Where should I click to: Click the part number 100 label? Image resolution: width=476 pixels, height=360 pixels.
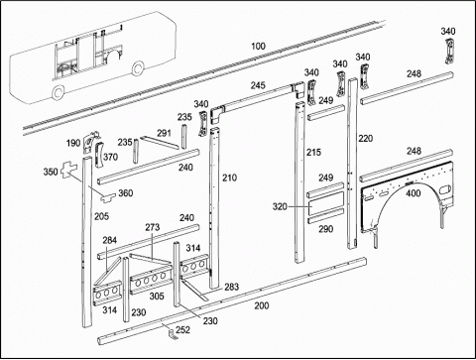(258, 46)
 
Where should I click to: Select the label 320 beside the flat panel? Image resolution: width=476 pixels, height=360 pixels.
(280, 207)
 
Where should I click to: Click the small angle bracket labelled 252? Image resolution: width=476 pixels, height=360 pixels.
(173, 334)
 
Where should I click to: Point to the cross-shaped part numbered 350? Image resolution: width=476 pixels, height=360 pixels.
(69, 170)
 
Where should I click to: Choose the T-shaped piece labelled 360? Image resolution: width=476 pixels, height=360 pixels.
(108, 197)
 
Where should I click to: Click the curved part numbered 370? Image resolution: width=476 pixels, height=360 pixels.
(99, 155)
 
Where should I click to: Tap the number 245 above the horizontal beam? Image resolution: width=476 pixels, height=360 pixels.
(258, 85)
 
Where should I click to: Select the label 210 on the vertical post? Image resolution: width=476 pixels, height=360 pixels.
(229, 178)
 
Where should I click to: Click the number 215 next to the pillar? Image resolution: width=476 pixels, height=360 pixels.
(313, 152)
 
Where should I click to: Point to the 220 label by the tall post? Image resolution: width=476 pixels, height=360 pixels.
(366, 138)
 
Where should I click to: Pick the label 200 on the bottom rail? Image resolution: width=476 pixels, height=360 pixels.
(262, 305)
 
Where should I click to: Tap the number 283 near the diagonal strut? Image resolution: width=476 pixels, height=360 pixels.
(231, 287)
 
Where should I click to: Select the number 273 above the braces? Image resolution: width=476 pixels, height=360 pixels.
(153, 227)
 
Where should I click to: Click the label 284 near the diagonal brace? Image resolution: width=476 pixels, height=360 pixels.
(109, 240)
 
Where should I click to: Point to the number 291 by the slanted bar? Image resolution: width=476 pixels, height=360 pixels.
(164, 133)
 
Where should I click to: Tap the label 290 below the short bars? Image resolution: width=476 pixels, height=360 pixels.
(326, 229)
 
